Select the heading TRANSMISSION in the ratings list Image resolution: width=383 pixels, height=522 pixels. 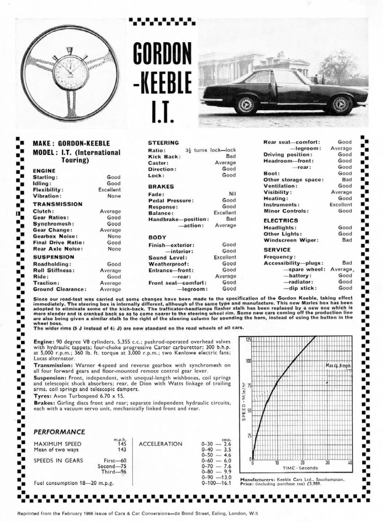57,204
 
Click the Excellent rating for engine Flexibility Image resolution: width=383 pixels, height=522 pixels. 109,189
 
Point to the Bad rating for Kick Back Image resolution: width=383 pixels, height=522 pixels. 231,156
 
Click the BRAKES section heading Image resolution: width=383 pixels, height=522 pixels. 161,186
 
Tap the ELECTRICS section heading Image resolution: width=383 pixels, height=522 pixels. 281,220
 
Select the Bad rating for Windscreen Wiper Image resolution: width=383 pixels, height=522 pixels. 347,240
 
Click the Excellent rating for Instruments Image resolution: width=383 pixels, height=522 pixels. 340,204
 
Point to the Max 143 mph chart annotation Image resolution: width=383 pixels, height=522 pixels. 338,366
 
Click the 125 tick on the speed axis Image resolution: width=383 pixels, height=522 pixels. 248,340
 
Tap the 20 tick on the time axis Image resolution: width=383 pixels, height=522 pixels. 302,463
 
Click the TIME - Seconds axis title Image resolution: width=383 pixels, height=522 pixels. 300,468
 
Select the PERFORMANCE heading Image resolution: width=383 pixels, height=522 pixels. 59,432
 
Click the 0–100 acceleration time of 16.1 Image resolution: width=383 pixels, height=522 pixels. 227,483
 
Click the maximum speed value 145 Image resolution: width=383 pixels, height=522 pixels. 122,444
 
